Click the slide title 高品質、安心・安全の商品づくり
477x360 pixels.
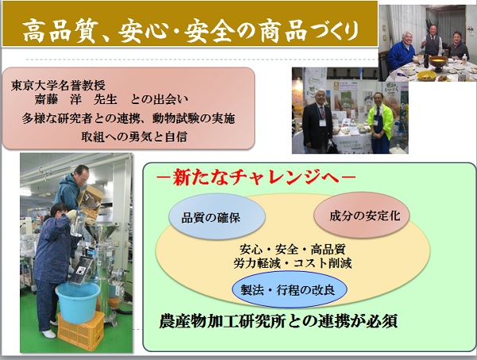coord(191,30)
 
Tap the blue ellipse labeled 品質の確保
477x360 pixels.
coord(216,216)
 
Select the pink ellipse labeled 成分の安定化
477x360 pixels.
coord(362,215)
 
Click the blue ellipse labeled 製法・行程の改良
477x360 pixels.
coord(289,289)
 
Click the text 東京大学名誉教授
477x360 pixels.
coord(58,86)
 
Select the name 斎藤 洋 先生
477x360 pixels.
coord(76,99)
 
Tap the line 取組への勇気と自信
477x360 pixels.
coord(134,137)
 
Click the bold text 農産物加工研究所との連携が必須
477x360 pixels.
coord(278,322)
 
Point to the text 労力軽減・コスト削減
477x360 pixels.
coord(293,263)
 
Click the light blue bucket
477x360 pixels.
coord(78,301)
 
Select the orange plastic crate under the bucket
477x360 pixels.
coord(81,331)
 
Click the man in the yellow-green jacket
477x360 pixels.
coord(380,123)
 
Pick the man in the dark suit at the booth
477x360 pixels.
coord(317,122)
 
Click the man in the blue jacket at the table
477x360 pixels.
coord(402,51)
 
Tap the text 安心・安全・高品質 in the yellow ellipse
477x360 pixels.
coord(293,250)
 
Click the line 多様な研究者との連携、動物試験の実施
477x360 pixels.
coord(128,118)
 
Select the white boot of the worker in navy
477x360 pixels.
coord(48,334)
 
